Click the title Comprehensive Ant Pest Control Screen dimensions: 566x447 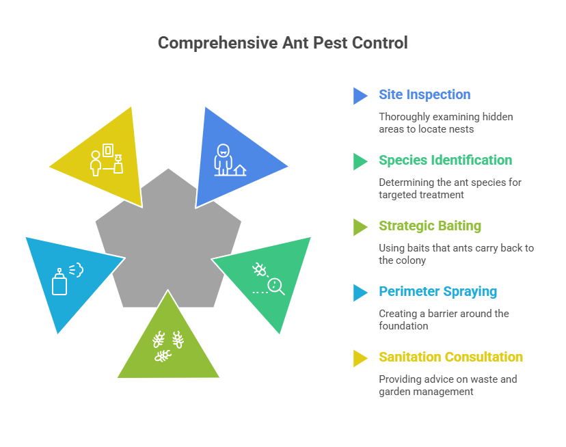point(282,43)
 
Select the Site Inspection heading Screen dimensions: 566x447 point(424,94)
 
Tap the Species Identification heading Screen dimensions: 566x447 point(446,161)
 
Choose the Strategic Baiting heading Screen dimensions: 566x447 point(430,226)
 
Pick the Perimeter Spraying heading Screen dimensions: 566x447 point(438,291)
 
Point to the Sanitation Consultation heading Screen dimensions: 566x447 point(451,357)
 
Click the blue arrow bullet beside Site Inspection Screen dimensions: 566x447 point(360,96)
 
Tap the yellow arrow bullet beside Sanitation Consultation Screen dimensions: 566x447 point(360,359)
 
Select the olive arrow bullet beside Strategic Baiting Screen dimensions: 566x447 point(360,228)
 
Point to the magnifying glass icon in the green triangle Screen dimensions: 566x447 point(276,286)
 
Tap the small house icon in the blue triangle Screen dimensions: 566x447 point(240,170)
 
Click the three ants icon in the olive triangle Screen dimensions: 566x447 point(168,347)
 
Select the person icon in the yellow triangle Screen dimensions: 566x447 point(95,163)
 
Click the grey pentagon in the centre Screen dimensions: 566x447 point(168,245)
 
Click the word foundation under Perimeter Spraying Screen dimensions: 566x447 point(403,326)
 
